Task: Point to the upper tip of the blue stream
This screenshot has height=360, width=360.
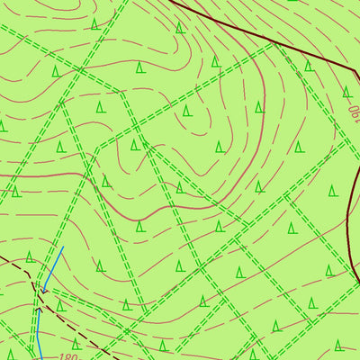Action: click(x=63, y=246)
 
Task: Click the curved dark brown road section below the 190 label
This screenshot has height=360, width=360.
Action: click(x=348, y=207)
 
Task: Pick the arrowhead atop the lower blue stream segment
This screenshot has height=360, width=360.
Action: click(x=39, y=307)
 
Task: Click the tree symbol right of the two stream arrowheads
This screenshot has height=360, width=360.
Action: click(x=59, y=306)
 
